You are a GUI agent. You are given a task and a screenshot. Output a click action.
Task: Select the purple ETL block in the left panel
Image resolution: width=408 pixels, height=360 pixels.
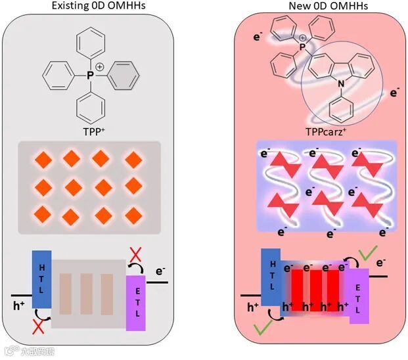click(135, 302)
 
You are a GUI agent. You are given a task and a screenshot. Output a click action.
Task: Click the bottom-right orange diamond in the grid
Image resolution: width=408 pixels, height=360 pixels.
click(134, 214)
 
